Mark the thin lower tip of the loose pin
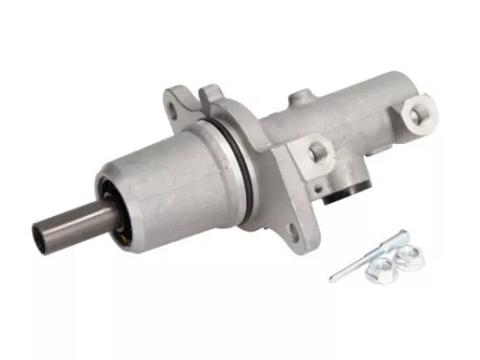click(335, 278)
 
